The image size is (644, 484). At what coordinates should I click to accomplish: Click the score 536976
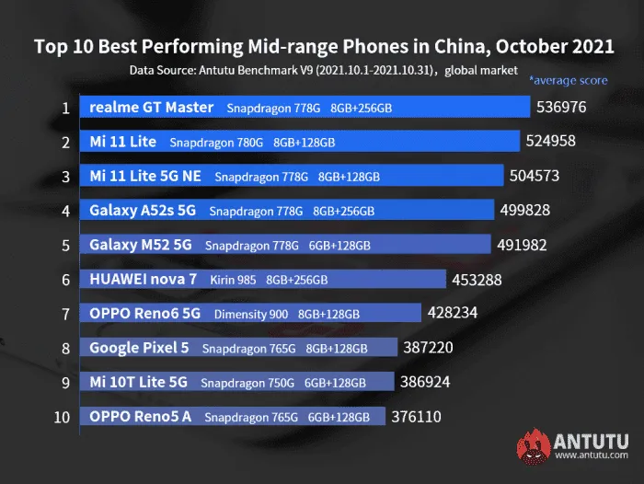click(561, 108)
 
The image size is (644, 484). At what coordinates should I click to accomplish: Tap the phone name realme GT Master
click(152, 108)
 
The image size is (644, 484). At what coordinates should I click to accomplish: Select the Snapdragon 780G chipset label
click(216, 143)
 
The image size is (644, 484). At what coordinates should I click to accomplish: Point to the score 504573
click(535, 176)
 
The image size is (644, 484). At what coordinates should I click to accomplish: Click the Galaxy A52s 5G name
click(143, 211)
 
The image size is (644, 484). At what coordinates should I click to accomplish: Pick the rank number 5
click(65, 246)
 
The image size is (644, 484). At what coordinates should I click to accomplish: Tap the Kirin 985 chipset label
click(233, 281)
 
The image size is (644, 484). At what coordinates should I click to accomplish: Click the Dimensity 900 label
click(251, 315)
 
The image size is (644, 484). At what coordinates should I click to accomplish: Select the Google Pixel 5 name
click(139, 348)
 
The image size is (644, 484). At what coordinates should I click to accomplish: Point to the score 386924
click(425, 382)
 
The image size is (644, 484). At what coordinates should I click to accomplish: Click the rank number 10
click(62, 418)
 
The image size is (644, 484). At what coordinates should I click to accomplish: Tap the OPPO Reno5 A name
click(141, 417)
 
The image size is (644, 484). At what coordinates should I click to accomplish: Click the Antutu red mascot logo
click(533, 446)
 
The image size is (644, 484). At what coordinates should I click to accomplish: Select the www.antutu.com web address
click(592, 455)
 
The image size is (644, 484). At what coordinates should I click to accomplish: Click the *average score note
click(569, 80)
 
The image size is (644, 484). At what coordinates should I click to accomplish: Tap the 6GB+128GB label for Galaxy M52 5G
click(339, 246)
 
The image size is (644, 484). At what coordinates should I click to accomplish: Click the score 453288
click(477, 281)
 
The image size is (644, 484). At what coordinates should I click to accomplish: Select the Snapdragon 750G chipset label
click(247, 383)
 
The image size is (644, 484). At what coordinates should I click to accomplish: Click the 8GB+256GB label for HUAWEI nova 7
click(297, 281)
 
